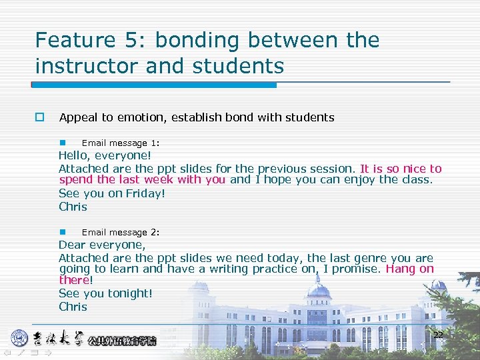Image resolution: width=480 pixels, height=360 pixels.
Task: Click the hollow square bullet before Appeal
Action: tap(39, 117)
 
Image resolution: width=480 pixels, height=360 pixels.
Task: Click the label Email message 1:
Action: tap(120, 143)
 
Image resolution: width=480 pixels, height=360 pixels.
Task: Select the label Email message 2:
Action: tap(120, 232)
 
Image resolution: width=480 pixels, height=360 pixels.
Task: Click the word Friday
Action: tap(144, 193)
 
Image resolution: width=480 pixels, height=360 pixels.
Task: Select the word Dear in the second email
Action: tap(73, 245)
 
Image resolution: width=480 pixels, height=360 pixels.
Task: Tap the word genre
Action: tap(371, 258)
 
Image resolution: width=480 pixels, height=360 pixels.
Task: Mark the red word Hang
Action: tap(400, 269)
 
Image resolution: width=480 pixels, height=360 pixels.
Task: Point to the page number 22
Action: tap(438, 335)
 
